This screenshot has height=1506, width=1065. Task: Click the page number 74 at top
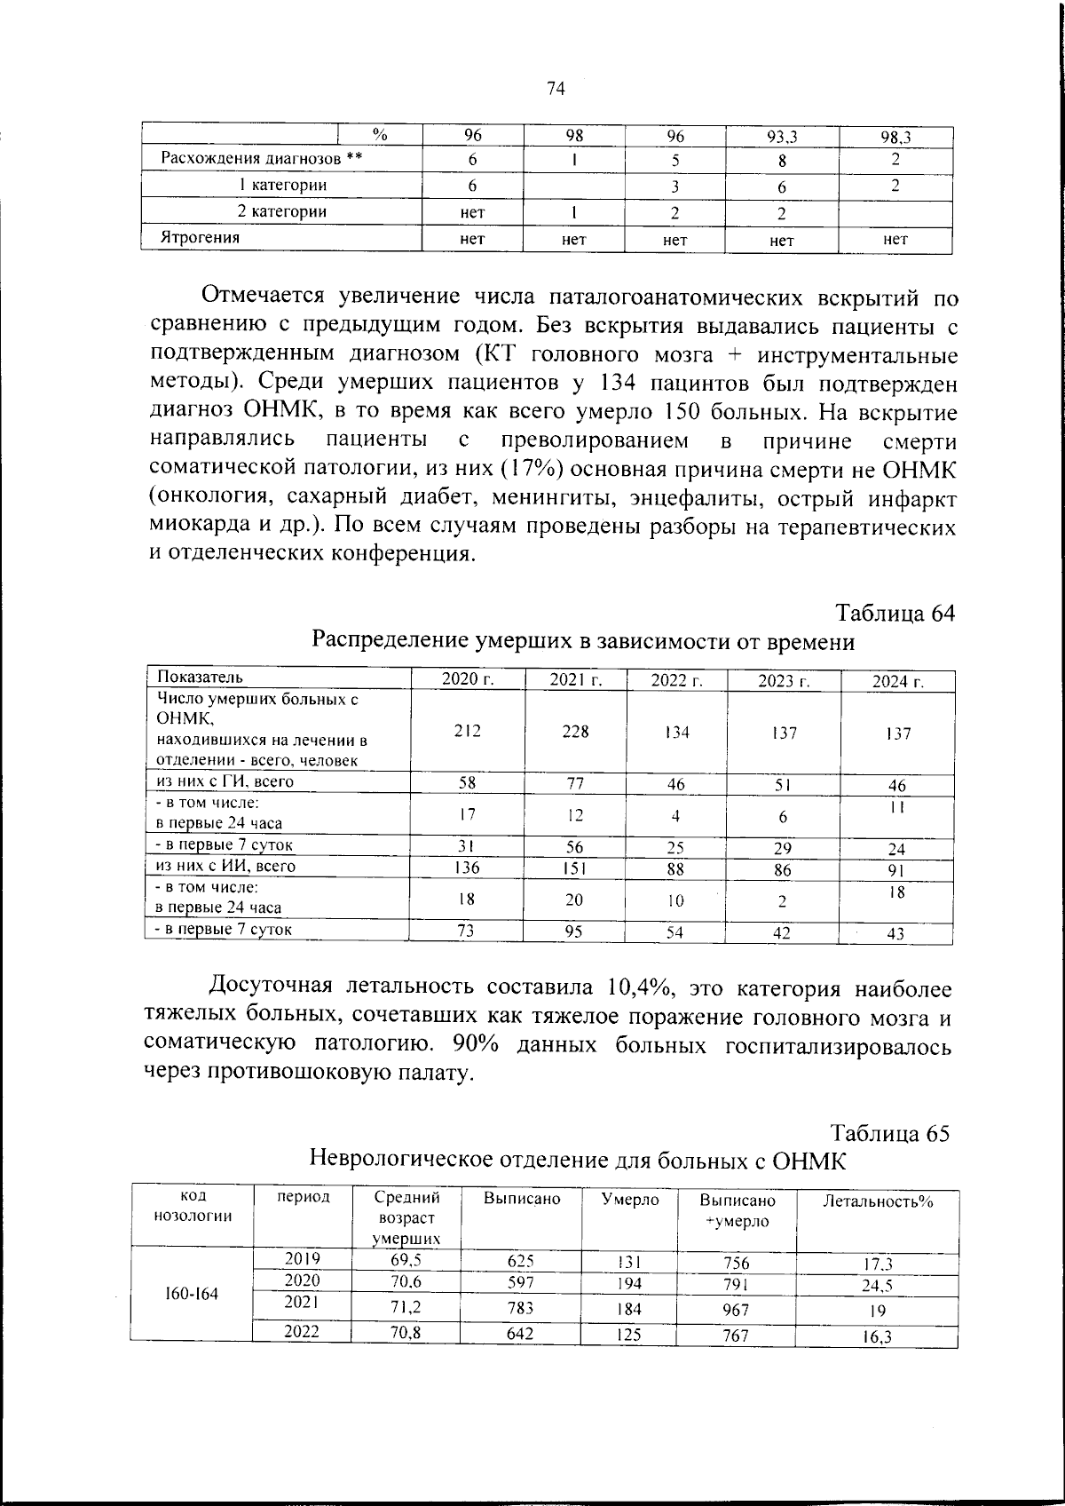(x=556, y=88)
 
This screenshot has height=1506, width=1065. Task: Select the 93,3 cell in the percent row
(x=782, y=136)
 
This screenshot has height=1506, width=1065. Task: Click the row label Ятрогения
(x=200, y=238)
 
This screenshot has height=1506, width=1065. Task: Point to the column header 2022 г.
(x=676, y=681)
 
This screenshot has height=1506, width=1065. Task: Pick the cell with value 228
(x=574, y=732)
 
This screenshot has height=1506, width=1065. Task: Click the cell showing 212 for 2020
(x=467, y=731)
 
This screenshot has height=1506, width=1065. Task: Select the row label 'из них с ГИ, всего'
(x=225, y=781)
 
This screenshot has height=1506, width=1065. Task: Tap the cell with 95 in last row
(x=574, y=931)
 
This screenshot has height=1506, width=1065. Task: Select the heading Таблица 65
(x=890, y=1134)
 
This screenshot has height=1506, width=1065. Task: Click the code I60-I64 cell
(x=192, y=1294)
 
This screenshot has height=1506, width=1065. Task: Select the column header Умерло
(x=629, y=1200)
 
